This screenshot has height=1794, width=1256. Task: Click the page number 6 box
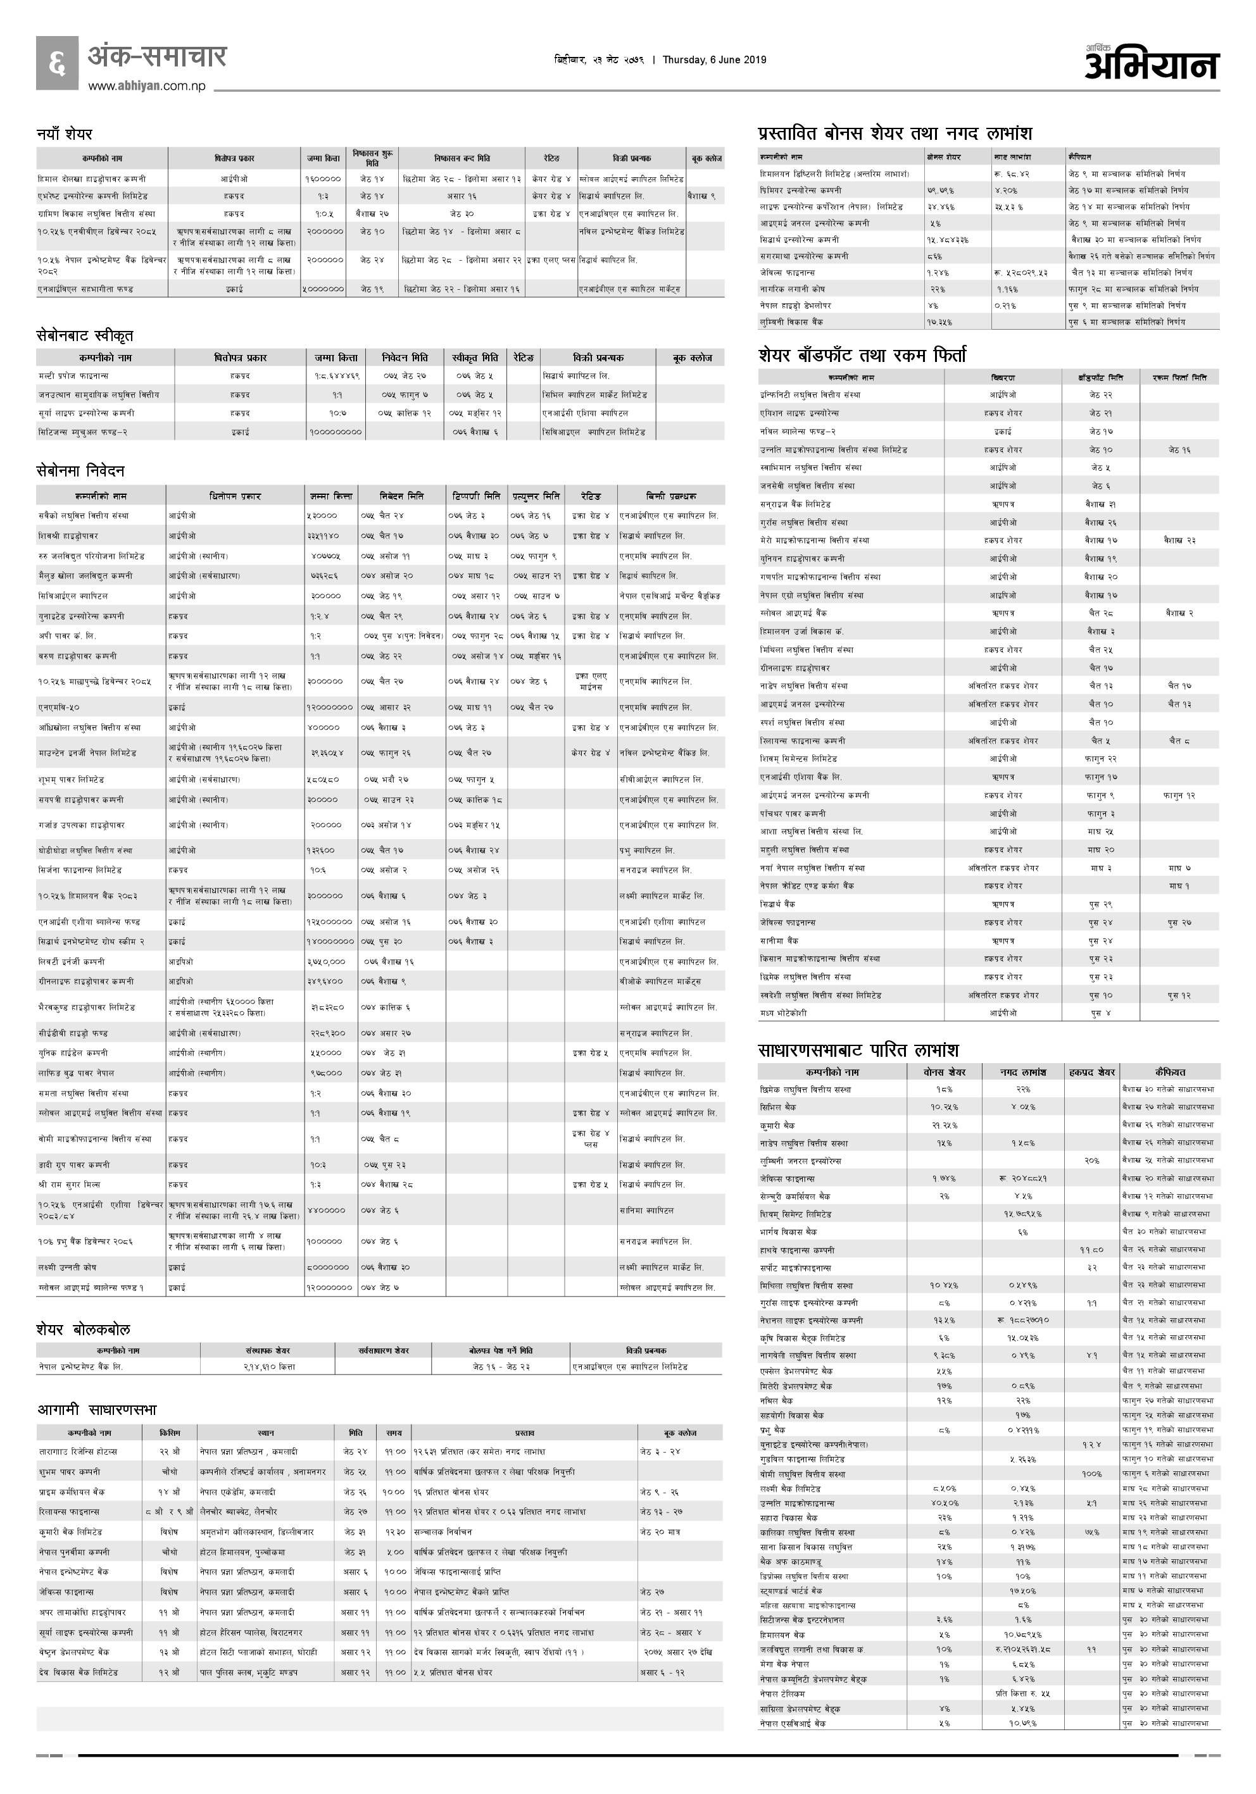tap(57, 63)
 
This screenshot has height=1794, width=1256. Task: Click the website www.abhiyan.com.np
tap(147, 86)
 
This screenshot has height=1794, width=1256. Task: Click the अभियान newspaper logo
tap(1152, 63)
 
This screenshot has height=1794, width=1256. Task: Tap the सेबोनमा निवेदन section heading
tap(80, 470)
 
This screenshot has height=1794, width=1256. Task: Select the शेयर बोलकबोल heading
tap(83, 1329)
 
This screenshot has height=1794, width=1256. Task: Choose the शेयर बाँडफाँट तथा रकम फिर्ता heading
tap(862, 356)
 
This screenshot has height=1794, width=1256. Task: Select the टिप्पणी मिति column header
tap(476, 496)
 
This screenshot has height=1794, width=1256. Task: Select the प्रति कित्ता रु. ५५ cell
tap(1022, 1693)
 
